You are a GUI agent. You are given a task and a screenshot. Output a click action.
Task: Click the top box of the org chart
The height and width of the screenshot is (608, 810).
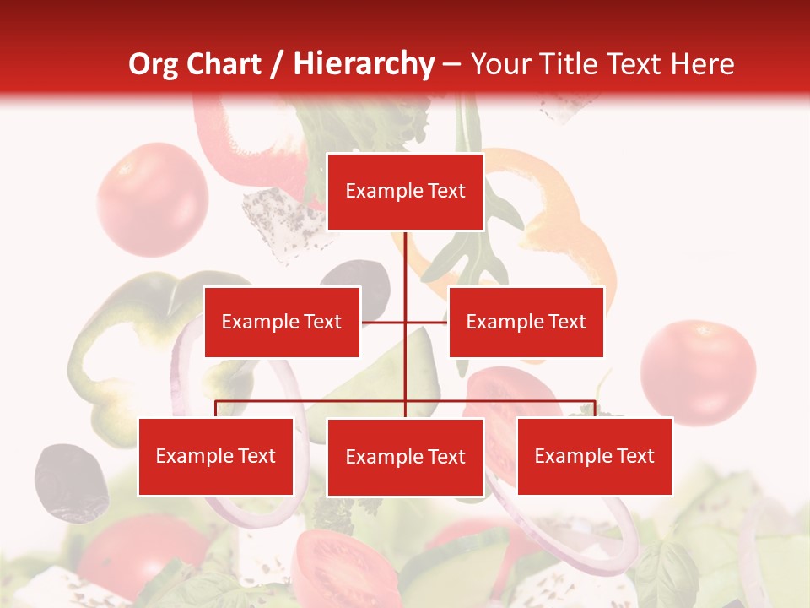tap(405, 192)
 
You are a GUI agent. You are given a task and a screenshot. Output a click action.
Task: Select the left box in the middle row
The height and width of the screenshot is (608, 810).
tap(282, 322)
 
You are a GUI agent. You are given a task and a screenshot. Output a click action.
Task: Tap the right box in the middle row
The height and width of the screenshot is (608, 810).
tap(526, 322)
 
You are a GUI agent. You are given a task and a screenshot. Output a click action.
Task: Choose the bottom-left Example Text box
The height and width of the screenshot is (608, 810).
tap(216, 456)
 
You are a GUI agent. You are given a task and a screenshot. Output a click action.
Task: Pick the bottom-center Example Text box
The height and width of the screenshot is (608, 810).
tap(405, 457)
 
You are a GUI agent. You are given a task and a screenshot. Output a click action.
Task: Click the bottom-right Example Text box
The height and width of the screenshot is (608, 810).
tap(594, 456)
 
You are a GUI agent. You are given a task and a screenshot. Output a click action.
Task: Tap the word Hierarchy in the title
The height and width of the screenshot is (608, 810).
tap(364, 64)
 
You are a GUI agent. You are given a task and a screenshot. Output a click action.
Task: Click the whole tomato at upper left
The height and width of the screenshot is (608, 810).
tap(152, 199)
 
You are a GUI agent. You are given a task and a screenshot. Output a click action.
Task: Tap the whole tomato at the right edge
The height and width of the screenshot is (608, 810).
tap(698, 372)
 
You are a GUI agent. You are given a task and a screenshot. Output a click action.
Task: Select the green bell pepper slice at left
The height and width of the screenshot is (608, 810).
tap(127, 338)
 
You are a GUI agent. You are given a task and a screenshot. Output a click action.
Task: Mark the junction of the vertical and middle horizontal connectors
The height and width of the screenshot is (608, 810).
tap(405, 322)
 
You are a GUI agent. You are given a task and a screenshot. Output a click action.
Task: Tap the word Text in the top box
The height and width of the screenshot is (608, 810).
tap(445, 191)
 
